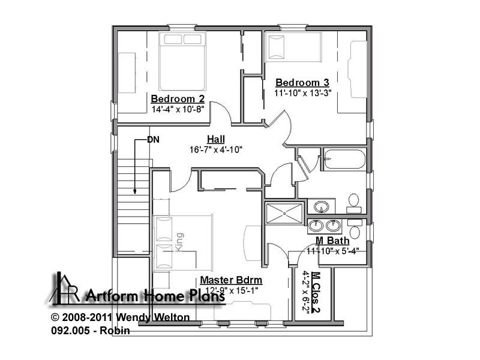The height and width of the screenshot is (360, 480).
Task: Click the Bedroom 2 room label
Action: click(178, 99)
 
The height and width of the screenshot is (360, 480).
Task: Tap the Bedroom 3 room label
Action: click(302, 82)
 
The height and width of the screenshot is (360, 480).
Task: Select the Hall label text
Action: click(216, 139)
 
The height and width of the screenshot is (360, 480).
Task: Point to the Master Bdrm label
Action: click(231, 280)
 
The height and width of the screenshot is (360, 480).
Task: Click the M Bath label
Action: click(332, 241)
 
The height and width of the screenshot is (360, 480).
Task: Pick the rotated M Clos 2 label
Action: click(316, 292)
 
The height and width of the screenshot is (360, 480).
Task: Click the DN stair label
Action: click(153, 140)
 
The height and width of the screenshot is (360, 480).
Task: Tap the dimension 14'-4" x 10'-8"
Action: click(178, 109)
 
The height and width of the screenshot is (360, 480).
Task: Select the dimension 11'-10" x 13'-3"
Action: click(302, 93)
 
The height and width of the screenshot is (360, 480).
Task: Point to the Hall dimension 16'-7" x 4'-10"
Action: click(216, 149)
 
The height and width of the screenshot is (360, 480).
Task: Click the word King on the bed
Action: click(179, 242)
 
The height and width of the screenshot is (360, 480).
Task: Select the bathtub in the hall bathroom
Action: click(344, 159)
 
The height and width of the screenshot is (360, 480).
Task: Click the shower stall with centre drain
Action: click(284, 213)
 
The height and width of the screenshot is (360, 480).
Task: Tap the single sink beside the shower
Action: click(321, 206)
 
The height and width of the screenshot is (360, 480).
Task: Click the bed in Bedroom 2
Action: click(182, 61)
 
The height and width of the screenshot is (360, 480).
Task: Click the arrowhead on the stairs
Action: click(134, 191)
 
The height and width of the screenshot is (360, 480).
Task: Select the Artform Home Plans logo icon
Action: click(65, 288)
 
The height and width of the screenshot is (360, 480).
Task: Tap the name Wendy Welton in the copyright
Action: click(153, 317)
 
